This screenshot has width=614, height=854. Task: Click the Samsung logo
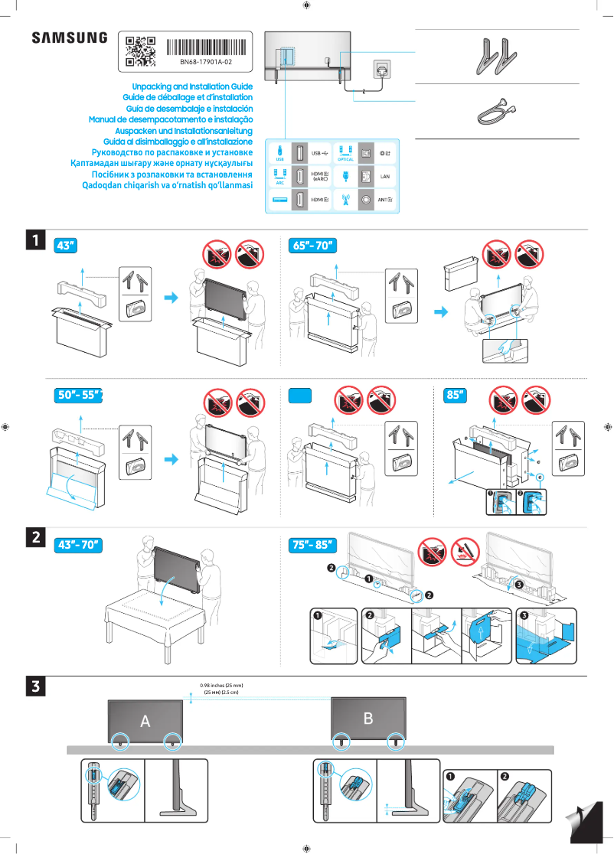point(70,37)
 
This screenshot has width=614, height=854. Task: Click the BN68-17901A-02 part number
point(206,61)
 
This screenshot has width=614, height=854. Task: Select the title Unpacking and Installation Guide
point(192,87)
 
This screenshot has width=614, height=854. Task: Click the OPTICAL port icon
point(345,152)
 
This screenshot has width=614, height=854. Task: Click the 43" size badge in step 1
point(67,246)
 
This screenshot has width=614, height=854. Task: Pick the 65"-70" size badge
point(314,246)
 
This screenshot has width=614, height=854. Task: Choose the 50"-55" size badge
point(79,396)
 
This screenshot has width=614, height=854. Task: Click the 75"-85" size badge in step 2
point(314,545)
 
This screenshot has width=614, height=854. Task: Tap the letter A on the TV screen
point(145,721)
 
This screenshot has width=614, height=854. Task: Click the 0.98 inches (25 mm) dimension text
point(220,685)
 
